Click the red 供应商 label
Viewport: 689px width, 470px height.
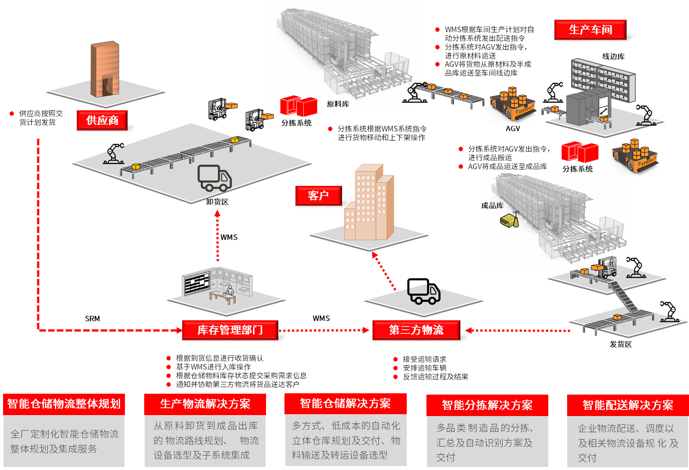pos(102,120)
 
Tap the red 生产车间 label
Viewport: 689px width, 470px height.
pos(590,30)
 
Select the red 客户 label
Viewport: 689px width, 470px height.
pos(318,196)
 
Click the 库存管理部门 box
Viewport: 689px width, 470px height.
pos(230,330)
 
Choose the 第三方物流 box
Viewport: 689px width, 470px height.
pos(416,330)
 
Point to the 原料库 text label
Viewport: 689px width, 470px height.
pos(338,104)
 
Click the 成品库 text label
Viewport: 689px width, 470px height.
pos(492,206)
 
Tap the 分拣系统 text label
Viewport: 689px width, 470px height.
pos(577,169)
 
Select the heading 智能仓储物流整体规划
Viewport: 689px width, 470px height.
pos(64,404)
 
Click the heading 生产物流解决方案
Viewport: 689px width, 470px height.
pos(205,404)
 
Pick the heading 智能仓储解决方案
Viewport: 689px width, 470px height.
pos(345,403)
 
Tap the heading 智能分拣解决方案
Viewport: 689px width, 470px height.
pos(487,405)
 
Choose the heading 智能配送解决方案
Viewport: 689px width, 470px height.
pos(628,405)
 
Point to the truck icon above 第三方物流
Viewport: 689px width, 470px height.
pos(424,294)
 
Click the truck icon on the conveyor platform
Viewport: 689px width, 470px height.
pos(214,178)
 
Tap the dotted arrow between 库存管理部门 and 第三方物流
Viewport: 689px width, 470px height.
pos(324,331)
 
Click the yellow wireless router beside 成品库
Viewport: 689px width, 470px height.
pos(509,220)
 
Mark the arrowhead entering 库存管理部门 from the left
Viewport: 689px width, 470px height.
pos(179,331)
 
